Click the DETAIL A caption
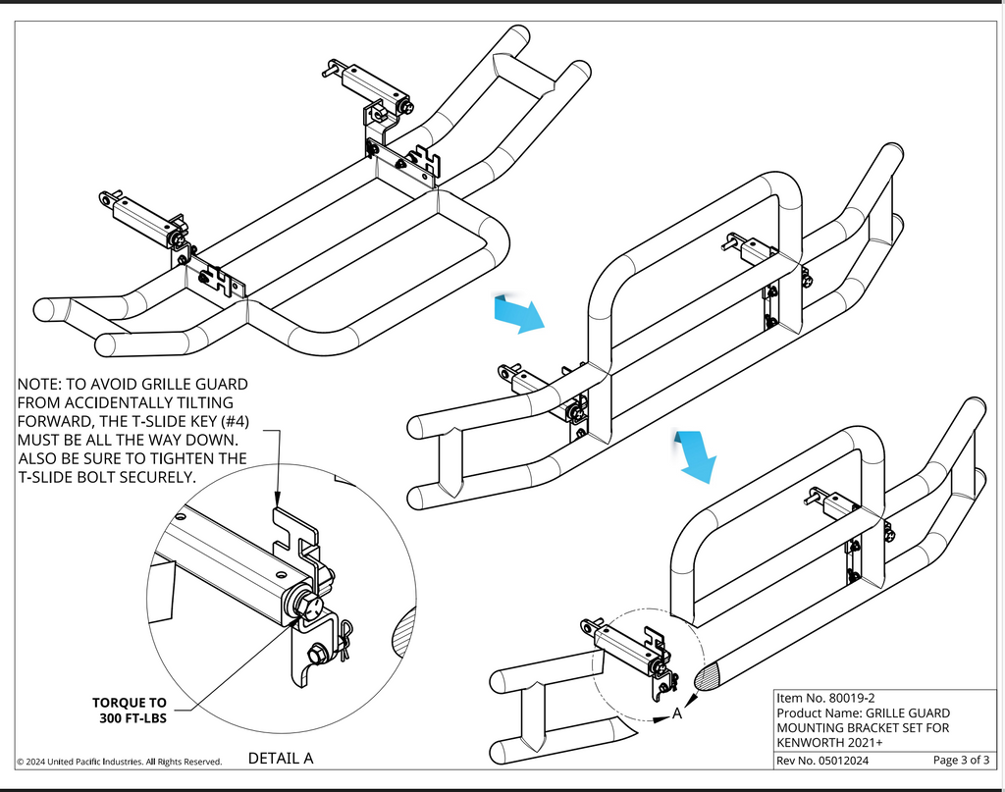tap(281, 759)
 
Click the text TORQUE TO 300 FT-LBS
tap(130, 711)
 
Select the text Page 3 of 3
tap(962, 761)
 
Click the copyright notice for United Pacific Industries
tap(119, 762)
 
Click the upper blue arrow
tap(517, 313)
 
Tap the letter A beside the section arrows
tap(677, 714)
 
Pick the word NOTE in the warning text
tap(40, 384)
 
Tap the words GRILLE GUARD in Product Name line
tap(904, 713)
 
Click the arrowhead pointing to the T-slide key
tap(278, 502)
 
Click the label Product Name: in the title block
tap(817, 713)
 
